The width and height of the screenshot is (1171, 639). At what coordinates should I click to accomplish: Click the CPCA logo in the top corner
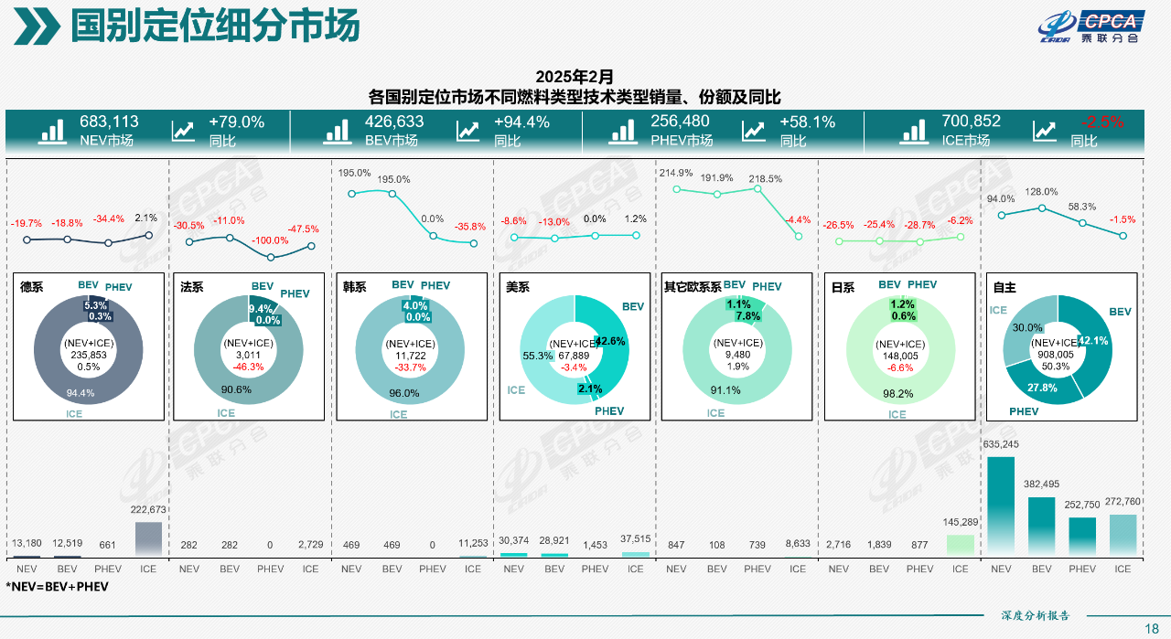tap(1092, 27)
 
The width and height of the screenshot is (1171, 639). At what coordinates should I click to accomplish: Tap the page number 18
tap(1151, 628)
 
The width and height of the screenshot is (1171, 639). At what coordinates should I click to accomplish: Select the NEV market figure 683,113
tap(109, 122)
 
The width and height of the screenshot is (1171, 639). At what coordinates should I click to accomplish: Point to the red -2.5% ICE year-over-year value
tap(1101, 122)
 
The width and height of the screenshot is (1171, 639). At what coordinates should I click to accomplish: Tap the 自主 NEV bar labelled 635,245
tap(1001, 506)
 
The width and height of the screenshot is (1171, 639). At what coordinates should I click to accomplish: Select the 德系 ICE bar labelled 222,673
tap(148, 538)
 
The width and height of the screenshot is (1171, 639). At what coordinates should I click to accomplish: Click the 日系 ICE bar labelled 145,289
tap(960, 545)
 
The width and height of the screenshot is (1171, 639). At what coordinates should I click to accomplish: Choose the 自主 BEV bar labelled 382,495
tap(1041, 527)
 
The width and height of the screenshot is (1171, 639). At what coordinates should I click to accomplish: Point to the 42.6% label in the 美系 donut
tap(609, 341)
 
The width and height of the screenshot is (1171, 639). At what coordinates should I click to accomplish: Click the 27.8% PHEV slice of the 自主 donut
tap(1043, 388)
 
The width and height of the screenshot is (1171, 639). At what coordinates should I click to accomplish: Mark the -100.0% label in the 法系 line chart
tap(270, 240)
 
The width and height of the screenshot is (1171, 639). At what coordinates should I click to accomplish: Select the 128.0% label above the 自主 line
tap(1041, 192)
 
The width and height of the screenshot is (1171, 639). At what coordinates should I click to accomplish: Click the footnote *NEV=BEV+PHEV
tap(57, 586)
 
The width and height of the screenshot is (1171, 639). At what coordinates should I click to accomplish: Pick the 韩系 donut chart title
tap(354, 287)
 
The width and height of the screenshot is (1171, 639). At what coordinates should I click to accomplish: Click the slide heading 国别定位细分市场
tap(215, 27)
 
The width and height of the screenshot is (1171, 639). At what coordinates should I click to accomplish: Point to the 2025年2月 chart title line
tap(574, 76)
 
